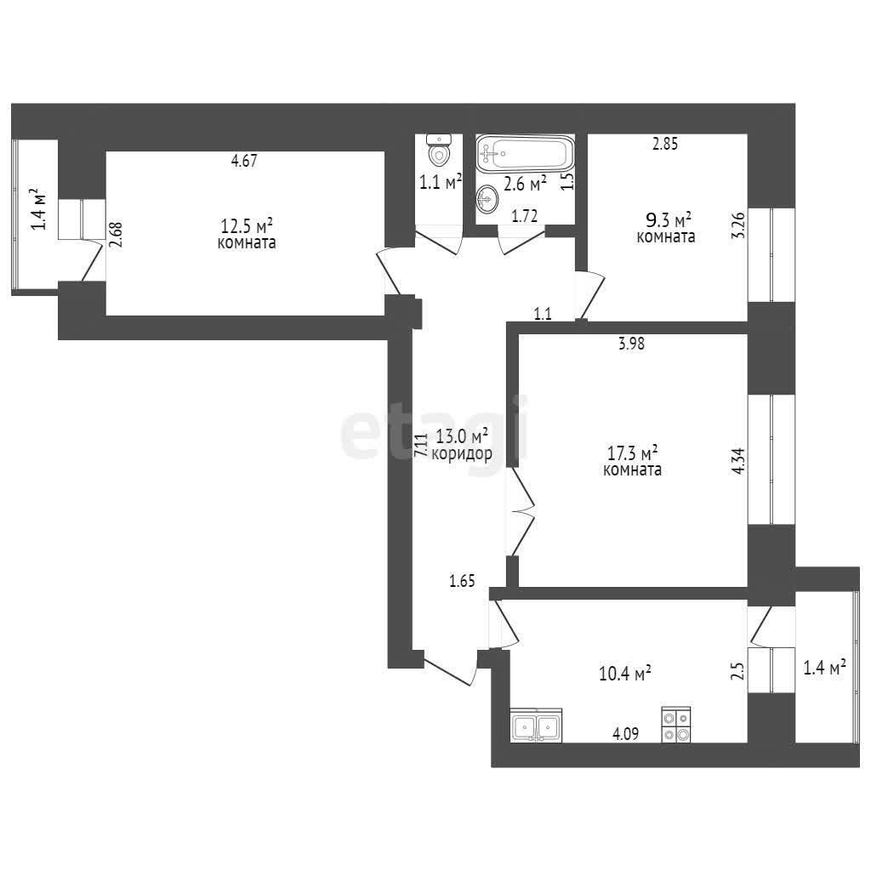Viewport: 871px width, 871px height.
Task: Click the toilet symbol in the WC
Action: [439, 150]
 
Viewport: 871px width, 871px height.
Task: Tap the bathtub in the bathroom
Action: [524, 153]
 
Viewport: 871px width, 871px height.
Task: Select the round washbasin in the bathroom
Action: [488, 199]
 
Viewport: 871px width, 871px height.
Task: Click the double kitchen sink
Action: [536, 725]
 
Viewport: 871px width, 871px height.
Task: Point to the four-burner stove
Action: [676, 725]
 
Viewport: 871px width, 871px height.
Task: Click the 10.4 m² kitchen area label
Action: [625, 674]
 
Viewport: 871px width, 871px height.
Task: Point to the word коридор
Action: [462, 454]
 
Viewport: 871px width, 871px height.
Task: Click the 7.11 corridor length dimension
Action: [422, 445]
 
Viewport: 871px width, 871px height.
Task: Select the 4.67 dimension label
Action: [244, 161]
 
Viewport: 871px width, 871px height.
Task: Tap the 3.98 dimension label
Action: [632, 344]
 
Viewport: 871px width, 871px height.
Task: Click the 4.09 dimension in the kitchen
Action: [625, 734]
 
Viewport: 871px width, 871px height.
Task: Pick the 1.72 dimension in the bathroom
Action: [524, 216]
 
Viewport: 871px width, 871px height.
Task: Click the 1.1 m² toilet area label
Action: [441, 182]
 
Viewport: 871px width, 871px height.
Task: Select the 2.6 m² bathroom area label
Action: [525, 183]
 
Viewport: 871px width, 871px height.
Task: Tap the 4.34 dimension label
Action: [738, 460]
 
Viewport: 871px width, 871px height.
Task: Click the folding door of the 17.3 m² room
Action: [521, 511]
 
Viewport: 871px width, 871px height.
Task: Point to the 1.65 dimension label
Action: [462, 581]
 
